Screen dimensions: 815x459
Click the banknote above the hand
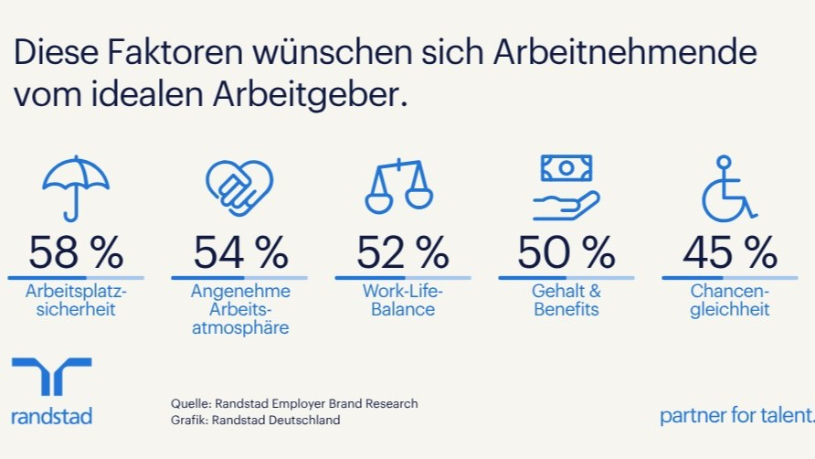(x=566, y=168)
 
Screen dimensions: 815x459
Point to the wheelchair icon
(x=727, y=189)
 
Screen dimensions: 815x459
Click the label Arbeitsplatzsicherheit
(x=76, y=300)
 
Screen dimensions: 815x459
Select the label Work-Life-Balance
(x=403, y=300)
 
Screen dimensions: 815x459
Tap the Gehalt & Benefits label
(x=566, y=300)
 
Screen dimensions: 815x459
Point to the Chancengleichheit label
(x=730, y=300)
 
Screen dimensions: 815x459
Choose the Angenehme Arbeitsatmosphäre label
(x=240, y=309)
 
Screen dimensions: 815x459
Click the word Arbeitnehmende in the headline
(x=625, y=52)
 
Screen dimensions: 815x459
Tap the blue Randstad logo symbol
(x=51, y=376)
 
